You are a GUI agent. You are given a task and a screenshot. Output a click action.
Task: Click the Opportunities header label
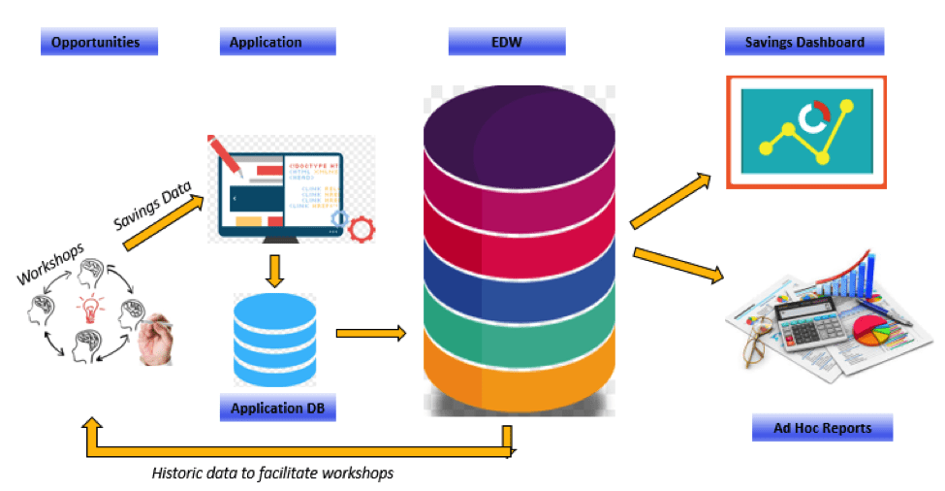pos(98,42)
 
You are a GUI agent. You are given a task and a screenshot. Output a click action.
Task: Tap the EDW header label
pos(506,42)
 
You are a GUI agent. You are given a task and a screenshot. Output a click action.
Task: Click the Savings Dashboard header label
pos(803,42)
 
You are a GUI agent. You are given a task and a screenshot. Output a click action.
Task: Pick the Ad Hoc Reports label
pos(822,427)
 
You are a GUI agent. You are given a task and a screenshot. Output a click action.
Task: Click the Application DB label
pos(277,408)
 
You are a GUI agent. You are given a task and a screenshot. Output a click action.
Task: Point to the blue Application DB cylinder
pos(275,340)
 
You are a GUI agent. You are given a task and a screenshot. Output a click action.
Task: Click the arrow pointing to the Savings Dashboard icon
pos(670,201)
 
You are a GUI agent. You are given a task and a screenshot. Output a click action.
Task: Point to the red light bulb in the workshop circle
pos(90,310)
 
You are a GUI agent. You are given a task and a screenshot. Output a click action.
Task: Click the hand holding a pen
pos(155,340)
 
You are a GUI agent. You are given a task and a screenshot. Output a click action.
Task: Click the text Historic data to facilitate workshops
pos(272,474)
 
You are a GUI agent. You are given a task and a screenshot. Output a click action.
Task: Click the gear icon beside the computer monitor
pos(361,230)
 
